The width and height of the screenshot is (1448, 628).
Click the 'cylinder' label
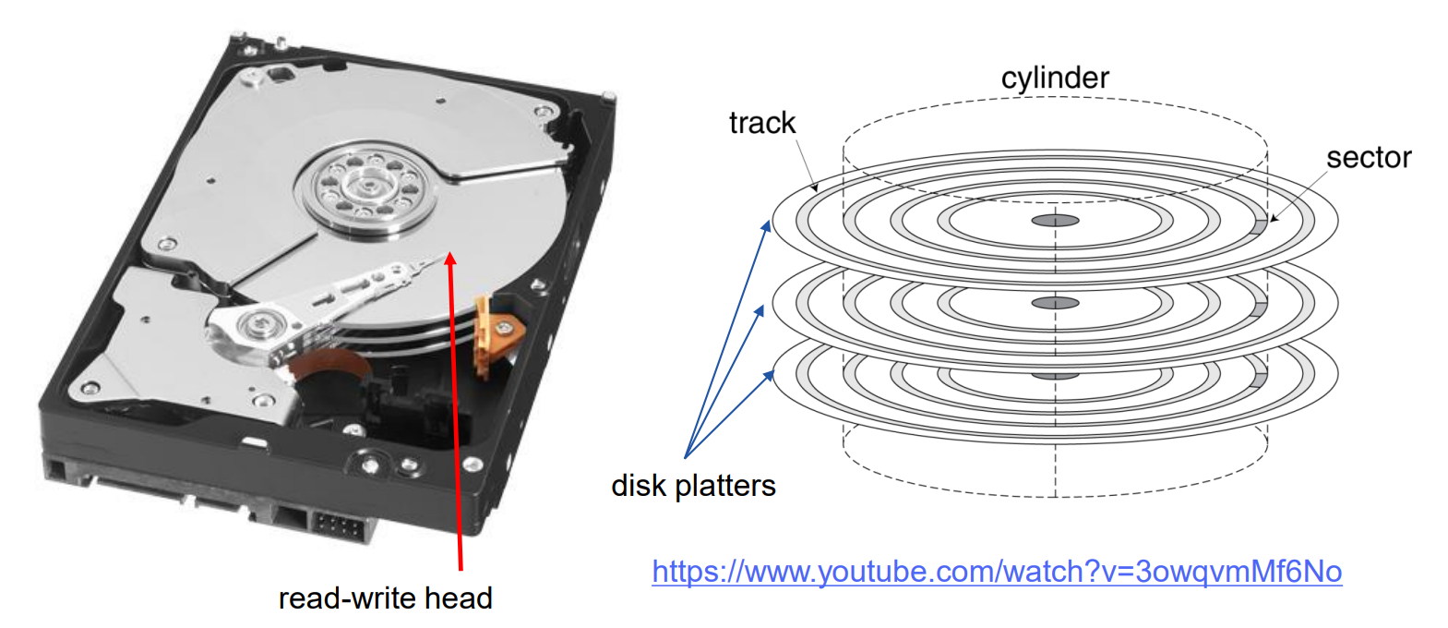(1055, 78)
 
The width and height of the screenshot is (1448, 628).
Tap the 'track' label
(761, 123)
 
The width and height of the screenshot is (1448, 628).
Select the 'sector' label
(1368, 158)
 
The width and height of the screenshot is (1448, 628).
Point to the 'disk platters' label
(693, 486)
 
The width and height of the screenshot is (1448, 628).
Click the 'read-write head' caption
(385, 598)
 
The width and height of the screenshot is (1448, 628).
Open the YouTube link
(997, 572)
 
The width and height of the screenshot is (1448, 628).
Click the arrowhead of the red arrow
(450, 260)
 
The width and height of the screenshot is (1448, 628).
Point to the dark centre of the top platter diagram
(1055, 221)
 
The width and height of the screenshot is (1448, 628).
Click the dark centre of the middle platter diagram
(1055, 303)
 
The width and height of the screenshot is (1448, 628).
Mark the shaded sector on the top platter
(1261, 225)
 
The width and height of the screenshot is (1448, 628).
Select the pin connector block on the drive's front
(337, 527)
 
